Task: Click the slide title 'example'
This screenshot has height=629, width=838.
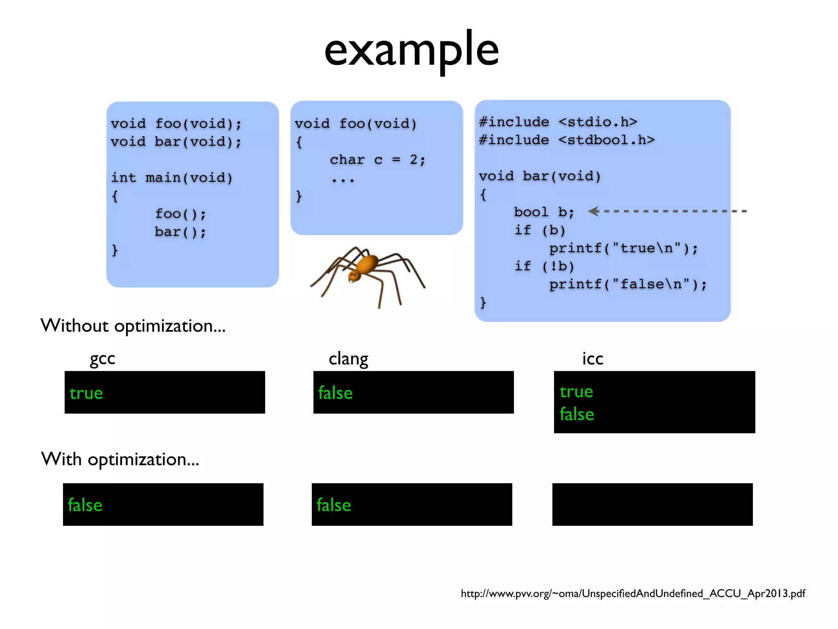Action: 411,51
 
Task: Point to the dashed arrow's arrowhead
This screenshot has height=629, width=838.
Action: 593,211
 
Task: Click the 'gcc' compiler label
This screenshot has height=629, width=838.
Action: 102,359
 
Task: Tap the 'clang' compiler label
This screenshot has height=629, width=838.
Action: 348,359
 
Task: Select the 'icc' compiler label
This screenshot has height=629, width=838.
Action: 592,359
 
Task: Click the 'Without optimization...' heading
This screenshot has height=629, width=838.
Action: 133,326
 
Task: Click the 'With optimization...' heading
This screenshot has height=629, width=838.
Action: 120,459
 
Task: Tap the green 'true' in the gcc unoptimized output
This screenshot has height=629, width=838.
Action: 86,393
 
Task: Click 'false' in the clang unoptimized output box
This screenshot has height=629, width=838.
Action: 336,393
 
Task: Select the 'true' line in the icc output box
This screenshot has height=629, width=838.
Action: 576,391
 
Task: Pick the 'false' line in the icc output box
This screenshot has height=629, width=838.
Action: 577,414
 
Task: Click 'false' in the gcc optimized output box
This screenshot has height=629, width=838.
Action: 85,505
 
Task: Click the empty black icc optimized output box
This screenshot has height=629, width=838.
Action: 652,505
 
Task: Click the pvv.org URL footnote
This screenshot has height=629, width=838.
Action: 633,593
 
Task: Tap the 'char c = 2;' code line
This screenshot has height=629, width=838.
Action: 378,160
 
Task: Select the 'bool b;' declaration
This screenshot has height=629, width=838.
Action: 544,212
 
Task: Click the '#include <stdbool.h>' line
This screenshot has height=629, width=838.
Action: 567,140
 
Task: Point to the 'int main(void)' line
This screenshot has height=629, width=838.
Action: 172,178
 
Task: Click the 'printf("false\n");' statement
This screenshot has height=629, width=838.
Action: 628,284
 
